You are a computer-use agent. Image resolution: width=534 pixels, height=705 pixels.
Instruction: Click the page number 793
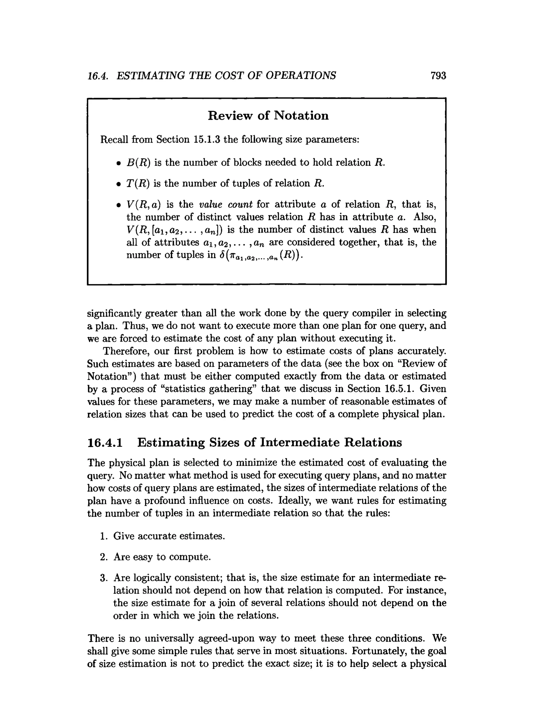(438, 75)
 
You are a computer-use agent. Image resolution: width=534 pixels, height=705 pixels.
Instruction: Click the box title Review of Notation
(268, 115)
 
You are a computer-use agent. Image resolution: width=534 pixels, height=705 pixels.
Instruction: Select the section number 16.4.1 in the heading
(105, 442)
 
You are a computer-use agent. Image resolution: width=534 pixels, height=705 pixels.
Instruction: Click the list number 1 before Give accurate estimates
(103, 536)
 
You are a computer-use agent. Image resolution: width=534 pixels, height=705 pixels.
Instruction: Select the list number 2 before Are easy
(103, 557)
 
